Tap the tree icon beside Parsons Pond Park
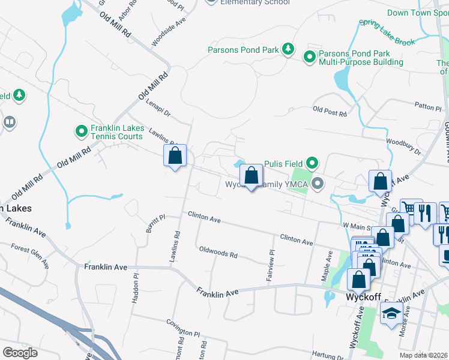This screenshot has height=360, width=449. point(288,49)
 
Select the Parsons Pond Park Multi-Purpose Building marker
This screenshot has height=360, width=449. point(310,58)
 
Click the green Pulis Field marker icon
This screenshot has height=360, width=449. point(312,163)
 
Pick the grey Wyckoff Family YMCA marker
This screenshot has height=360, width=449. point(318,184)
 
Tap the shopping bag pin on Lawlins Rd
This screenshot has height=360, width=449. point(175,157)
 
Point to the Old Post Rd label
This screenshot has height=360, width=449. point(330,112)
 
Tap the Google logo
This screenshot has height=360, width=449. point(20,352)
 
